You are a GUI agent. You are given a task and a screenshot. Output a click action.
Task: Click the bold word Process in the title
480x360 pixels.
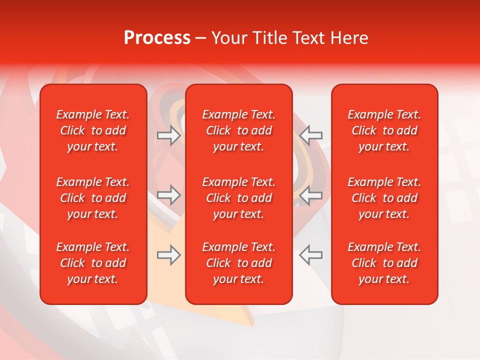point(157,38)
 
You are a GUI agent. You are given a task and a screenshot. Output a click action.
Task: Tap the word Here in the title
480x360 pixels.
point(349,38)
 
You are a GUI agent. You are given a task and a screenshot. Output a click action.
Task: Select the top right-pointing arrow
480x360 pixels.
point(169,135)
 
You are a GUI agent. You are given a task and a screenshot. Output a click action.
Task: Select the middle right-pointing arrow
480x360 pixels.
point(169,195)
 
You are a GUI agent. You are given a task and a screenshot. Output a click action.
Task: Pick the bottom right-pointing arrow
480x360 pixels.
point(169,255)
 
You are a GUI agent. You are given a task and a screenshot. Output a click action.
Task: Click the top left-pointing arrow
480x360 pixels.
point(311,135)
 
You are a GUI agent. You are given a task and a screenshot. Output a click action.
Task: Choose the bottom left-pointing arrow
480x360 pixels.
point(311,255)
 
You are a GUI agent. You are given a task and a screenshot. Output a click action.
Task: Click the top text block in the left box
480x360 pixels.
point(93,130)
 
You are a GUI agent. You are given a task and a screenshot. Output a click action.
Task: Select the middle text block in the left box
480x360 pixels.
point(93,198)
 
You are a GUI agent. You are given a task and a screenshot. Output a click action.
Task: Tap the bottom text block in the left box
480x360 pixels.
point(93,263)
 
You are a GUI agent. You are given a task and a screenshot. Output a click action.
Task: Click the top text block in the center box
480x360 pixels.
point(239,130)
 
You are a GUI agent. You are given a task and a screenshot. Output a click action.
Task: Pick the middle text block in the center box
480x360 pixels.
point(239,198)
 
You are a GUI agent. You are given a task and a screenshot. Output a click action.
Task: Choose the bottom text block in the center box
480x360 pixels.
point(239,263)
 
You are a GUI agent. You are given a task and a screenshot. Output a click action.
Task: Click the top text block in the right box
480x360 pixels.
point(384,130)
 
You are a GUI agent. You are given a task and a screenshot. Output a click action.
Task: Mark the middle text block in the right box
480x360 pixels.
point(384,198)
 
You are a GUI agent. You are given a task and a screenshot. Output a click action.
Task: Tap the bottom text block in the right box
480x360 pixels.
point(384,263)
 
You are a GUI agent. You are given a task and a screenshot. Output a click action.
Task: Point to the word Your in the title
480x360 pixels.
point(229,38)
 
